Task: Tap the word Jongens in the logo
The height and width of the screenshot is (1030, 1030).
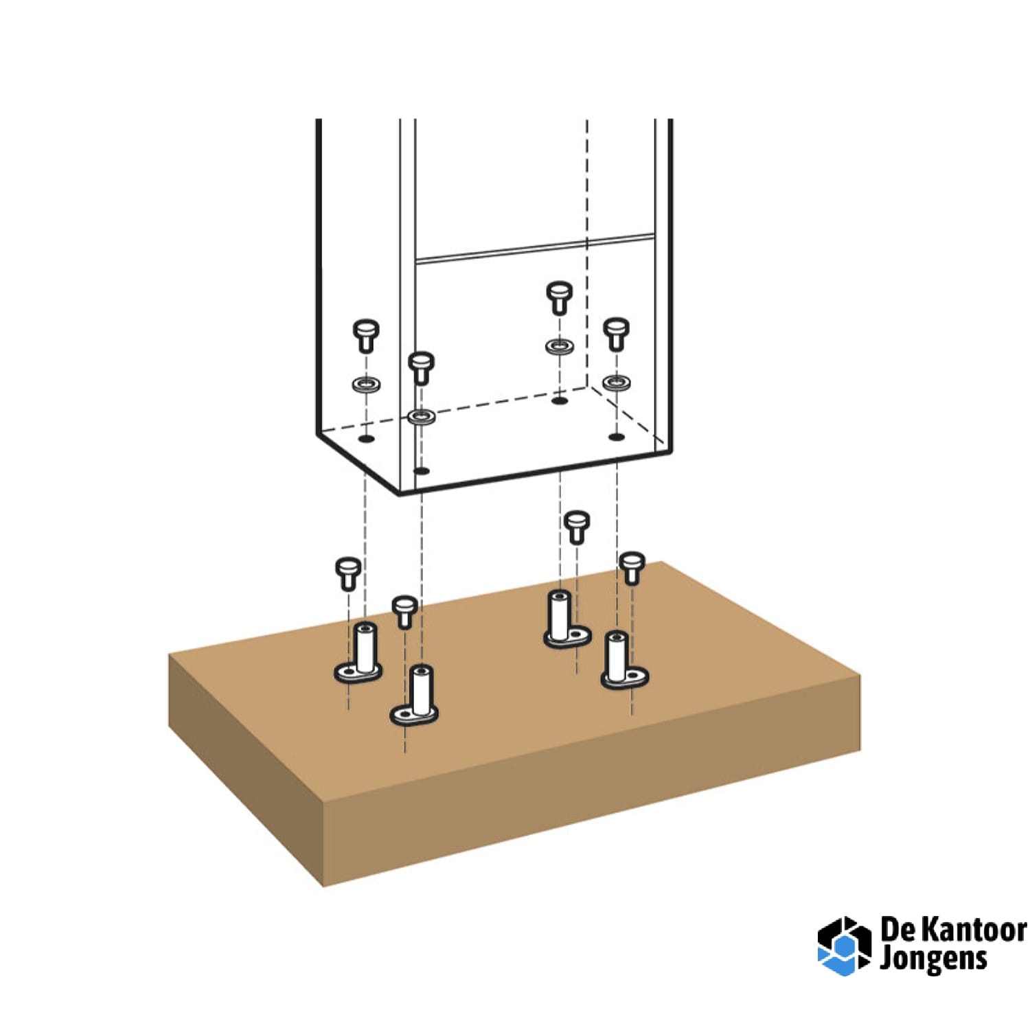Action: [x=933, y=959]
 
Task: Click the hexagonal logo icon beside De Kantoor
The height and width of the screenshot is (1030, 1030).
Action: [x=844, y=946]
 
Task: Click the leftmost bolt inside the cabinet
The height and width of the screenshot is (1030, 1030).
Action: [x=366, y=336]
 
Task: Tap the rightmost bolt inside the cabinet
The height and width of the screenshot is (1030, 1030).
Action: [x=616, y=334]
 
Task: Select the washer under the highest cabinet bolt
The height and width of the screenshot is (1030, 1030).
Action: [x=560, y=346]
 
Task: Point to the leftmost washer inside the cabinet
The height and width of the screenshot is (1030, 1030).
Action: [x=367, y=384]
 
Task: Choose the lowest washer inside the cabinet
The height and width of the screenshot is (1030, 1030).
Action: [x=421, y=416]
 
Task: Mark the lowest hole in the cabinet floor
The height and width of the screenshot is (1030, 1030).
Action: [x=422, y=471]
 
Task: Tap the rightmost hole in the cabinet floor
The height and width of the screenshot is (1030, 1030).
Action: [x=617, y=437]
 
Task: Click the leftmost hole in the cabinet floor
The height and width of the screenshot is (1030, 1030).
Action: [x=367, y=438]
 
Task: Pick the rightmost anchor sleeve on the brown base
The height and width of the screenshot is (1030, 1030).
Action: [x=624, y=660]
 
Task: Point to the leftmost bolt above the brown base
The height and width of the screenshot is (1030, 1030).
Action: [x=348, y=573]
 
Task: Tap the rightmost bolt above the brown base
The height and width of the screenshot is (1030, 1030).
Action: [x=632, y=569]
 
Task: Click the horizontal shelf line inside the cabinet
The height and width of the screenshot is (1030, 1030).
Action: [x=534, y=249]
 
